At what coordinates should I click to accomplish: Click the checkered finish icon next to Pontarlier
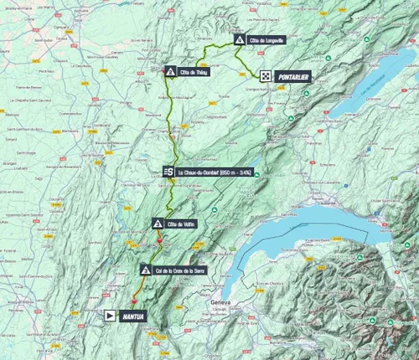coord(265,75)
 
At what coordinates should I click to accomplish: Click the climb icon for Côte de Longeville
coord(240,39)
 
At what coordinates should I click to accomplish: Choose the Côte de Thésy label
coord(198,72)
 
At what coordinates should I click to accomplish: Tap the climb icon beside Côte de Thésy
coord(171,72)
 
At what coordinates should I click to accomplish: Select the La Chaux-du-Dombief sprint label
coord(215,172)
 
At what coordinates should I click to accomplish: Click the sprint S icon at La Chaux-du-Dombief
coord(168,172)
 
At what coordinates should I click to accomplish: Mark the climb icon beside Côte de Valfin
coord(158,224)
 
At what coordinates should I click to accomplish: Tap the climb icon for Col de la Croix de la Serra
coord(146,270)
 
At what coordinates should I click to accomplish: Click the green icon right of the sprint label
coord(257,174)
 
